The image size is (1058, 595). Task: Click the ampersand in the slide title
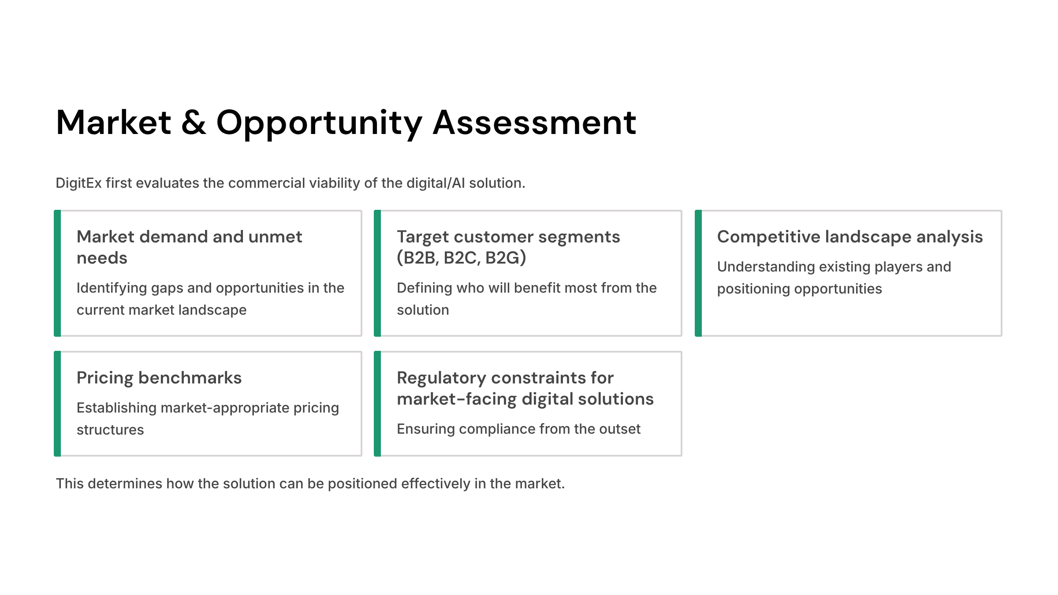click(194, 123)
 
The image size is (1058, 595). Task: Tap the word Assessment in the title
click(534, 123)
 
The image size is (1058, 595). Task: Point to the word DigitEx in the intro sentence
click(78, 183)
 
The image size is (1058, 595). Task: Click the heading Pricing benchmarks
click(159, 378)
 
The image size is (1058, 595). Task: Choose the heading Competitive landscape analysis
click(850, 237)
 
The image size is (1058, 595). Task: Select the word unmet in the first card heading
click(275, 237)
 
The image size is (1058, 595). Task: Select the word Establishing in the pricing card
click(116, 408)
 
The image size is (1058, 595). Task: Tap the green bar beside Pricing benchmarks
click(57, 404)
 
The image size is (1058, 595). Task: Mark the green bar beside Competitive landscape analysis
click(698, 273)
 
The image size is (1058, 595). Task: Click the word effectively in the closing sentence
click(436, 483)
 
